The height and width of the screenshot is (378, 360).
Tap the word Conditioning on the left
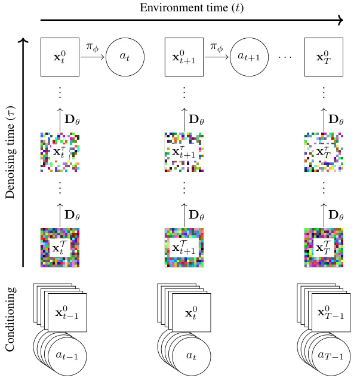point(10,319)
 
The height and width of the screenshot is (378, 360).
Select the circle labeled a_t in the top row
point(125,57)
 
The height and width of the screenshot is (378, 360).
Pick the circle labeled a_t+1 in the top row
point(250,57)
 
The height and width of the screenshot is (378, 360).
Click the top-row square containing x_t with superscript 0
point(60,57)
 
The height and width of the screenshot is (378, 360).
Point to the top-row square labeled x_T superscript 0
point(323,57)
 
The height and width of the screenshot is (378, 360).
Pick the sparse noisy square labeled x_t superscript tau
point(60,152)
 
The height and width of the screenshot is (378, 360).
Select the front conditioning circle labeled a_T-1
point(327,356)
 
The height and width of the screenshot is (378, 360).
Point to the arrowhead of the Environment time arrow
point(341,20)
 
